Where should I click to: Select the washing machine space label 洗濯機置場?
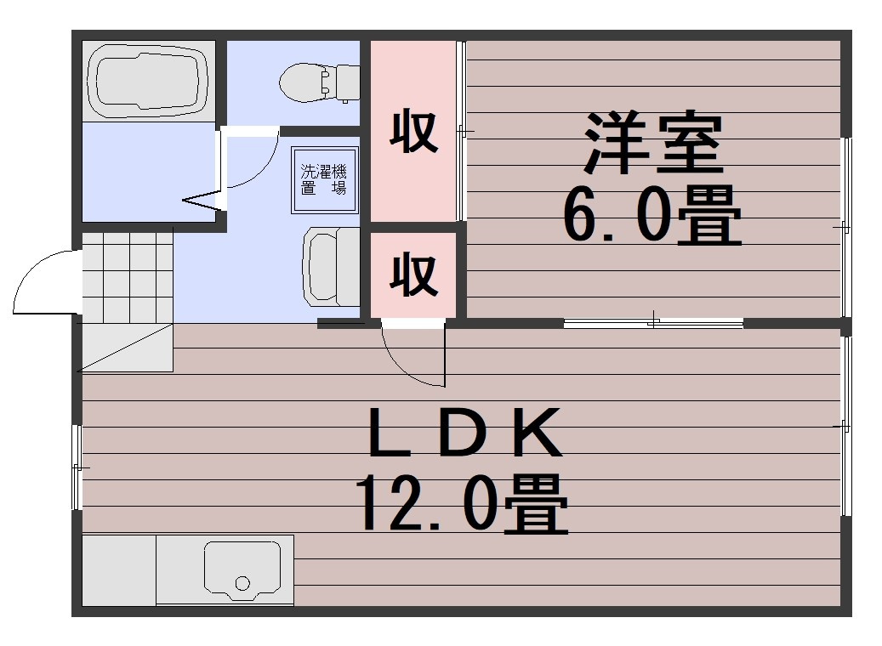point(324,181)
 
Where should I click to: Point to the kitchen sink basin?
point(242,569)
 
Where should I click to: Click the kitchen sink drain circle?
point(242,583)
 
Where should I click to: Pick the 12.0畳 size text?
point(462,504)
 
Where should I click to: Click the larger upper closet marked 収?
point(413,132)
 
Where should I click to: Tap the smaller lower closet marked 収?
point(413,275)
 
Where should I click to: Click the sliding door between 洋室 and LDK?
point(653,322)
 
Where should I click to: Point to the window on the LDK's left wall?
point(77,467)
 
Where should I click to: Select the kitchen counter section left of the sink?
point(119,569)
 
